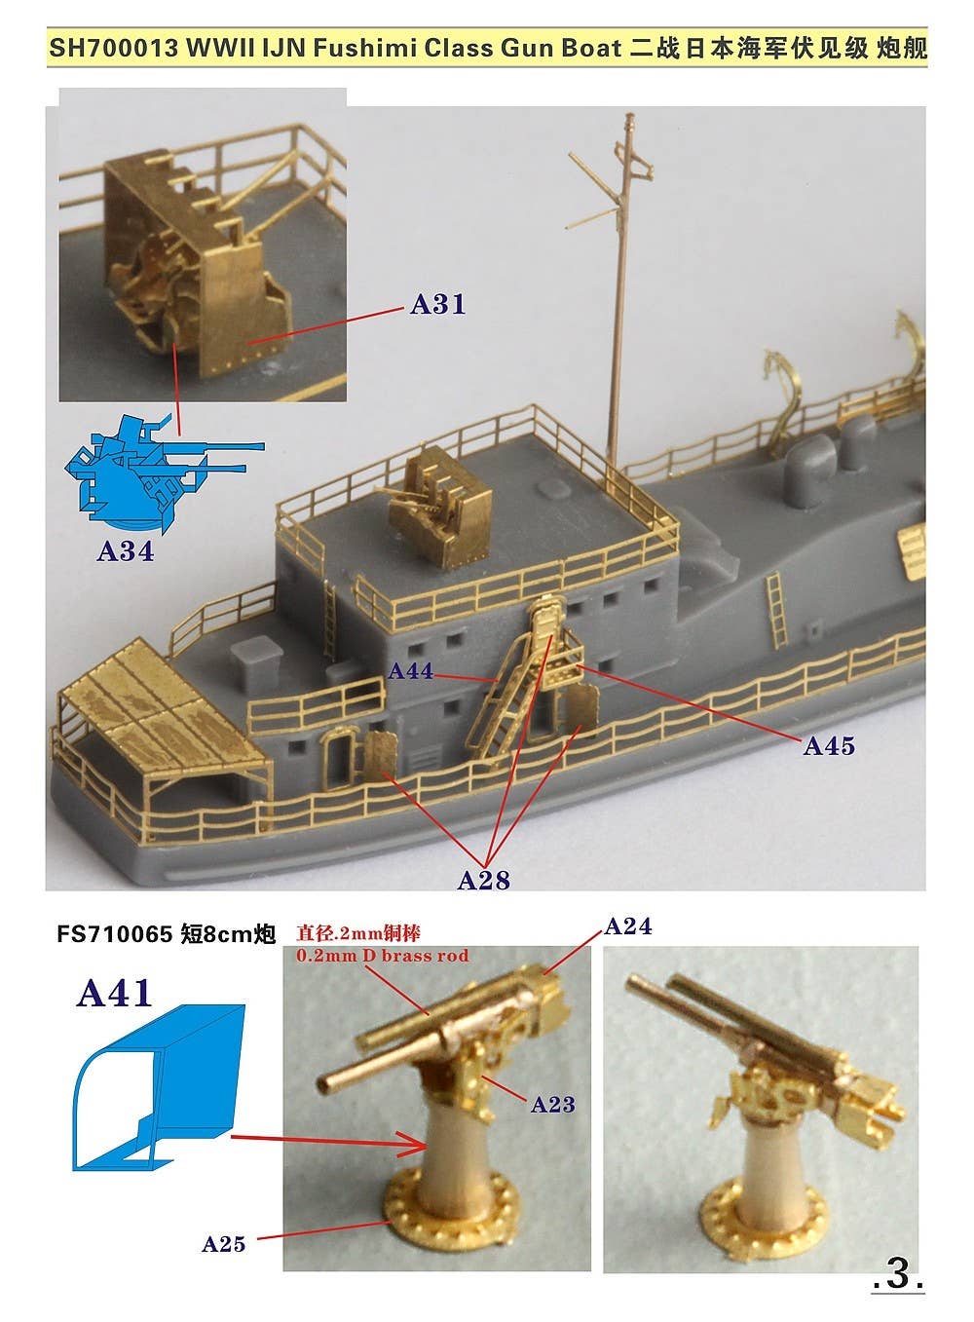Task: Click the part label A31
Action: coord(437,305)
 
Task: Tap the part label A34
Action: coord(125,551)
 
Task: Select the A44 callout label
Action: coord(410,671)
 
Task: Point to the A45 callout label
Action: coord(829,746)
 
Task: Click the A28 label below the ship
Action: coord(483,881)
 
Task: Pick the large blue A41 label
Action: coord(114,994)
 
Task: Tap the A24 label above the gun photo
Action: coord(628,926)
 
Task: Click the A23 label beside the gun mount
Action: coord(552,1105)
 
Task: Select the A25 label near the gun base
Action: coord(223,1244)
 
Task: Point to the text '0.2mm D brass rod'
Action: coord(382,956)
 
